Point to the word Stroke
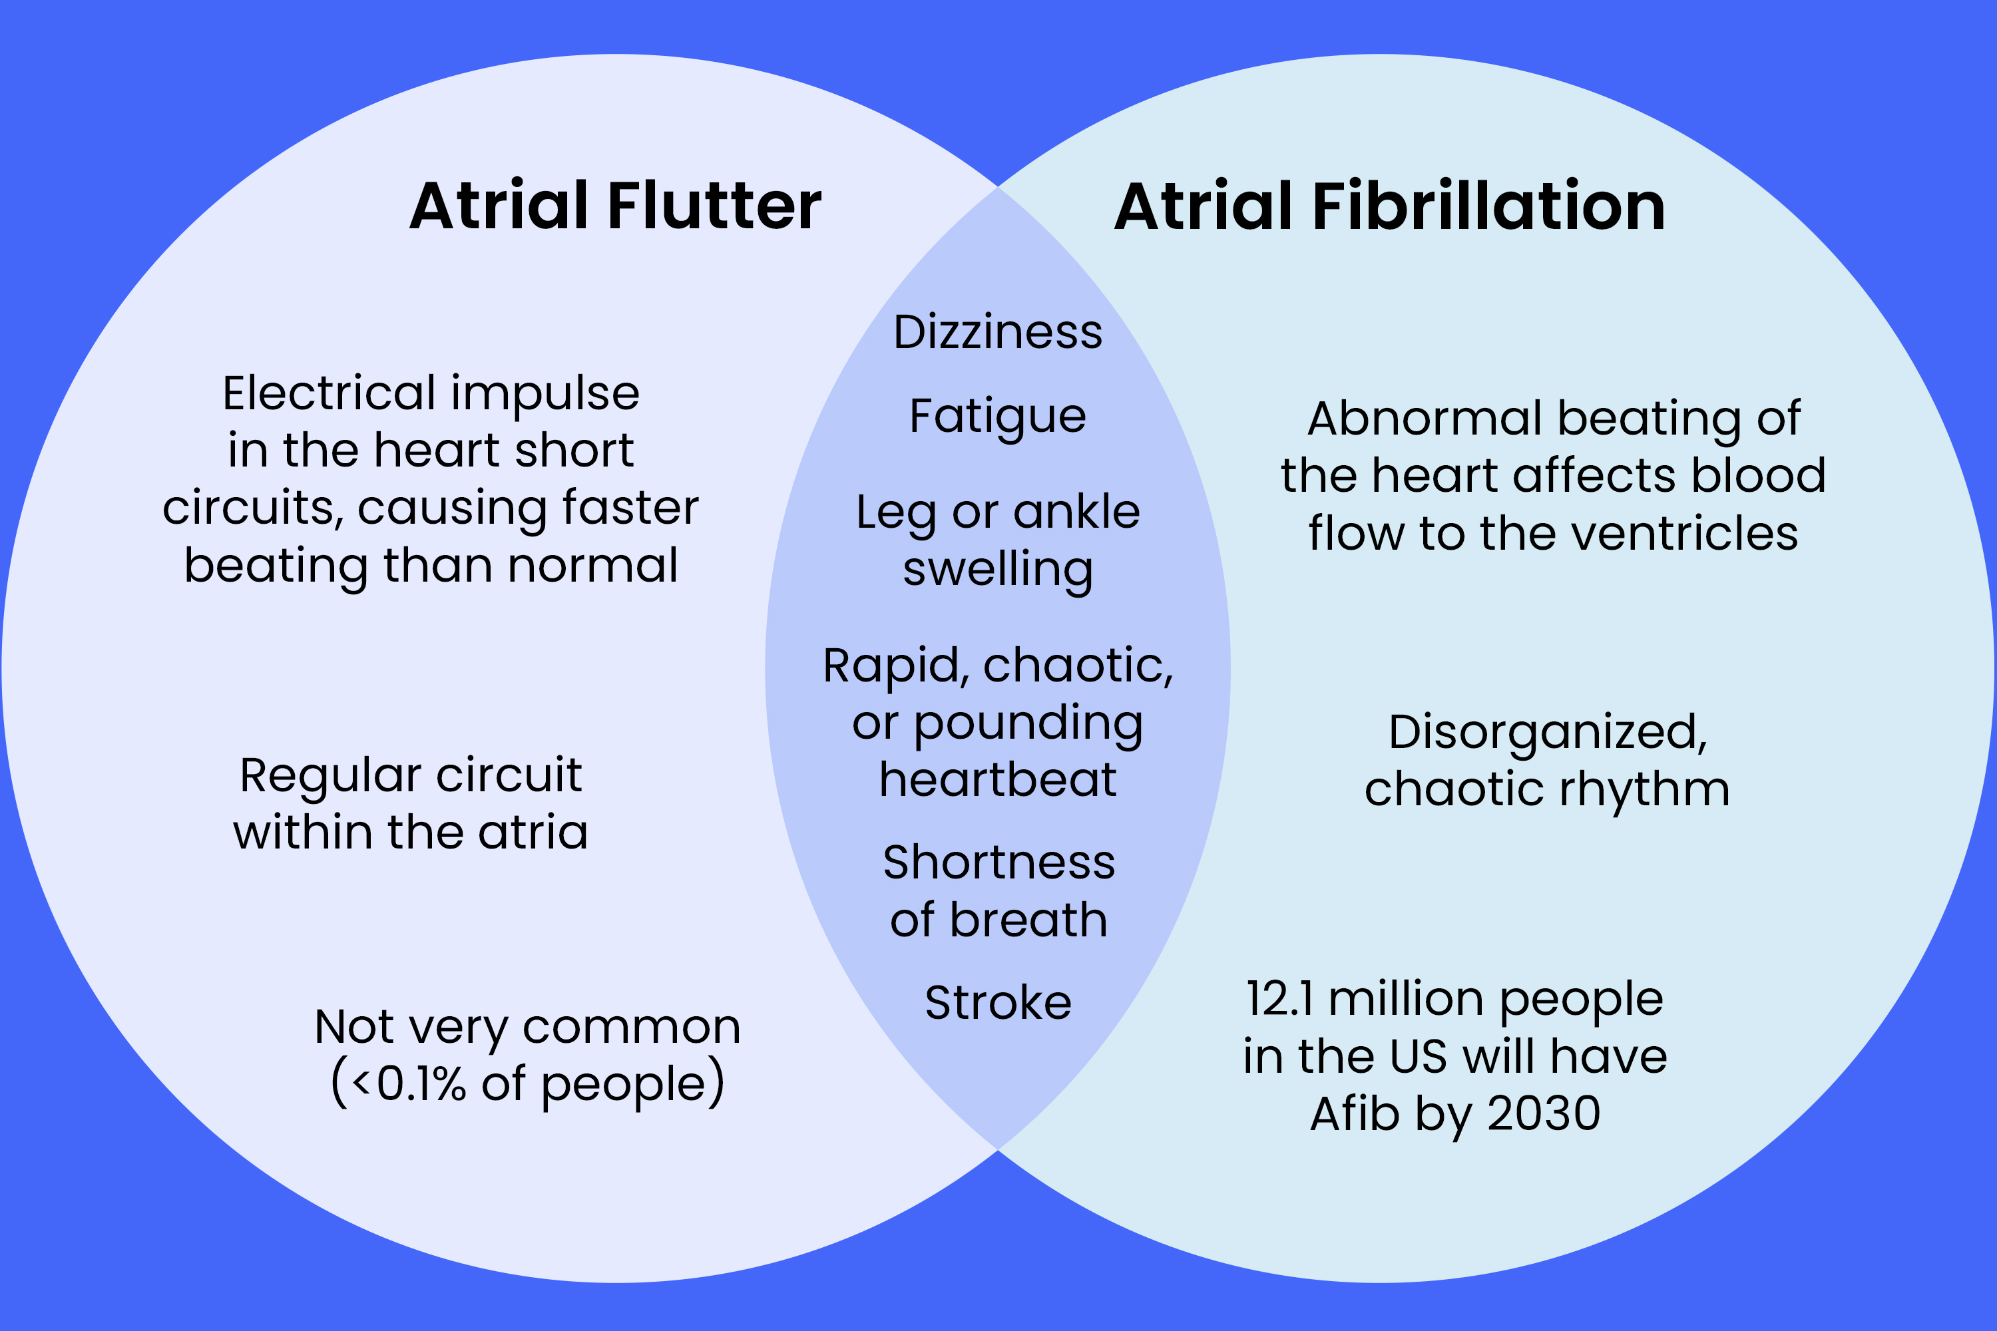[998, 1002]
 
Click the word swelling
[998, 570]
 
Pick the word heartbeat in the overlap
[998, 779]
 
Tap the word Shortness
[998, 862]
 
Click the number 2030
[1544, 1113]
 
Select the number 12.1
[1279, 998]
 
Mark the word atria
[533, 832]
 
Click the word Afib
[1355, 1113]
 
